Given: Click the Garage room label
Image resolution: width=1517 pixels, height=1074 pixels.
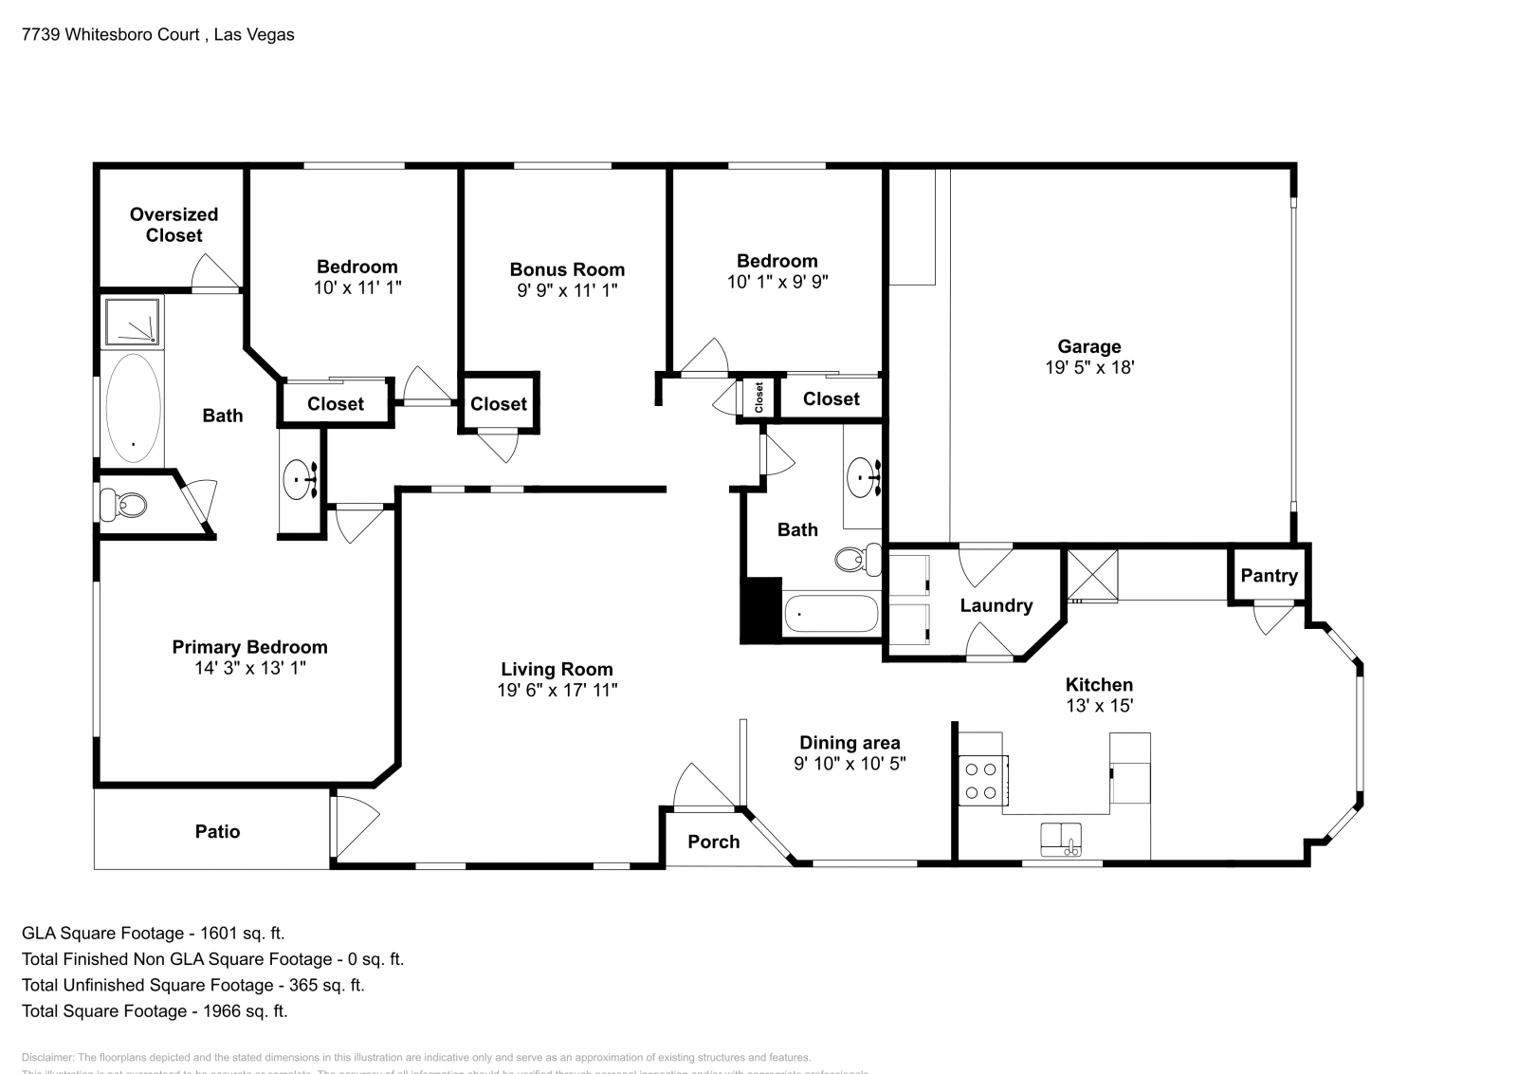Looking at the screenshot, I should click(x=1089, y=347).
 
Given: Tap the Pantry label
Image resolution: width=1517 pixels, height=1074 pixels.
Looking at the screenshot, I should click(x=1269, y=576).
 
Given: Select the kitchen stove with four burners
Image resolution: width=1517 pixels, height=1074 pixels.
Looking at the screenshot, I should click(x=981, y=780).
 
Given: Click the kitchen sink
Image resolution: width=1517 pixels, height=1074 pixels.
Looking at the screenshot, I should click(x=1062, y=839).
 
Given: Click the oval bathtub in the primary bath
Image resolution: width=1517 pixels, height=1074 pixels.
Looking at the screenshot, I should click(x=133, y=409).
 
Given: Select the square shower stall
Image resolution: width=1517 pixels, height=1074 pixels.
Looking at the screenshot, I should click(x=132, y=321).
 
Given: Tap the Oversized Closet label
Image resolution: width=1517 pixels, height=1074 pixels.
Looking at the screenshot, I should click(x=174, y=225).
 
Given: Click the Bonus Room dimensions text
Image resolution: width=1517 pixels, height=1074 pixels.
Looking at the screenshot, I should click(x=567, y=290).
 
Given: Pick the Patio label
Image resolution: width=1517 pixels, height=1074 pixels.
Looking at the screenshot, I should click(x=217, y=832).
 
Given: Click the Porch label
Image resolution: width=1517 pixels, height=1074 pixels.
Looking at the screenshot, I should click(x=713, y=842).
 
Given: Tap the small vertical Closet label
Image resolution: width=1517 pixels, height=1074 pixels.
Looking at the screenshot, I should click(x=759, y=398).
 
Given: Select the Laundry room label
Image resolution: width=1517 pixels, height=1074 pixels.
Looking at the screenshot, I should click(x=996, y=605).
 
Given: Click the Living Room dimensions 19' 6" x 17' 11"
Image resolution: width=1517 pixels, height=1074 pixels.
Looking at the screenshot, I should click(x=557, y=691).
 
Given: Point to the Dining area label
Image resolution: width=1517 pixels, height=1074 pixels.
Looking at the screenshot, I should click(x=850, y=743).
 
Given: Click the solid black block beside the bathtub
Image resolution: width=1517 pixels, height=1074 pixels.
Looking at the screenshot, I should click(x=760, y=610).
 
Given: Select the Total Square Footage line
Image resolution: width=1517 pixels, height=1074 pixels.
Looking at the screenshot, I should click(x=155, y=1011).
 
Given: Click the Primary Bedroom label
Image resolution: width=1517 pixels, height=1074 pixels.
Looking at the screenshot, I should click(x=249, y=647).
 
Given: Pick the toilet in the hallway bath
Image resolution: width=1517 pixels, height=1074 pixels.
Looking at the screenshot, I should click(x=850, y=559).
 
